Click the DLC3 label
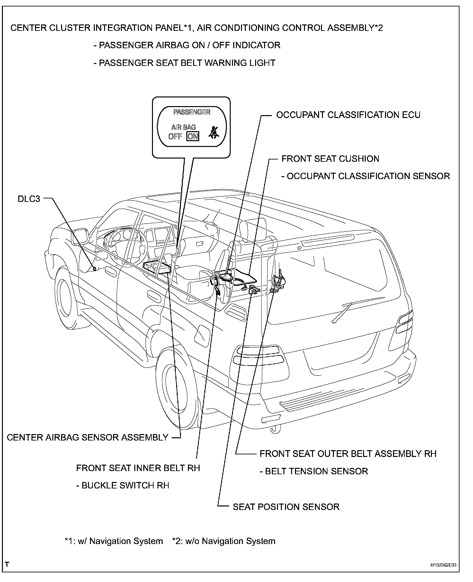[x=29, y=199]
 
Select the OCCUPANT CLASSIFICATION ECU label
[x=348, y=115]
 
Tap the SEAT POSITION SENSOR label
[x=286, y=507]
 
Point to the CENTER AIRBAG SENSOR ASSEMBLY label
[x=87, y=437]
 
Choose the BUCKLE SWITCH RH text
[x=122, y=485]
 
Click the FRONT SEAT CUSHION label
[x=330, y=159]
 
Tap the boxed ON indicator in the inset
[x=193, y=136]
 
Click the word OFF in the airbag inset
[x=175, y=136]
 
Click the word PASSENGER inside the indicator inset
[x=192, y=112]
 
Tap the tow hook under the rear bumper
[x=274, y=430]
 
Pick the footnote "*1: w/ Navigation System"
[x=113, y=541]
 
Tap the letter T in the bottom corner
[x=7, y=564]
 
